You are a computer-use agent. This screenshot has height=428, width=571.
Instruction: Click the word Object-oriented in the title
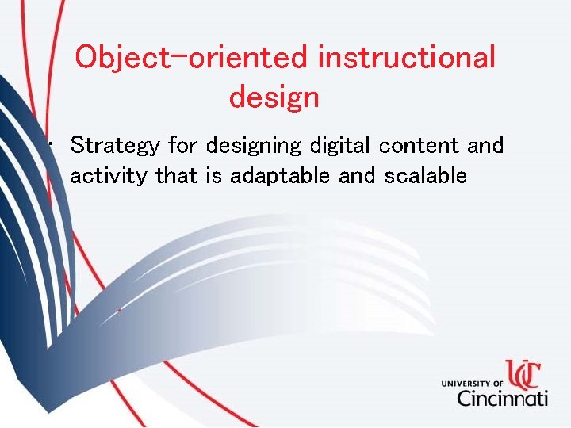pyautogui.click(x=191, y=58)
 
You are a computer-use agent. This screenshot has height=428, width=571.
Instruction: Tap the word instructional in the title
pyautogui.click(x=406, y=58)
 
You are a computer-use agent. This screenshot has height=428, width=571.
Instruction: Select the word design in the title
pyautogui.click(x=274, y=97)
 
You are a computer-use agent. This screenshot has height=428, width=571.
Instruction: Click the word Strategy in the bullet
pyautogui.click(x=116, y=146)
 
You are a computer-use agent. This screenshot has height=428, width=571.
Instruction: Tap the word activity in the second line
pyautogui.click(x=109, y=176)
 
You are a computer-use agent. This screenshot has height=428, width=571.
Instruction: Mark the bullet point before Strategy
pyautogui.click(x=51, y=145)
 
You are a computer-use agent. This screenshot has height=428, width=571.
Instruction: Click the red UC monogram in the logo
pyautogui.click(x=524, y=374)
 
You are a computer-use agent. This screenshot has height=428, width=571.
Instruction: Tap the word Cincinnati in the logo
pyautogui.click(x=502, y=396)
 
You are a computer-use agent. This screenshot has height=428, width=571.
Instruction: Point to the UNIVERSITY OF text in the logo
pyautogui.click(x=473, y=384)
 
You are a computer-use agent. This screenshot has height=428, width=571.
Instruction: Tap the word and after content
pyautogui.click(x=485, y=146)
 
